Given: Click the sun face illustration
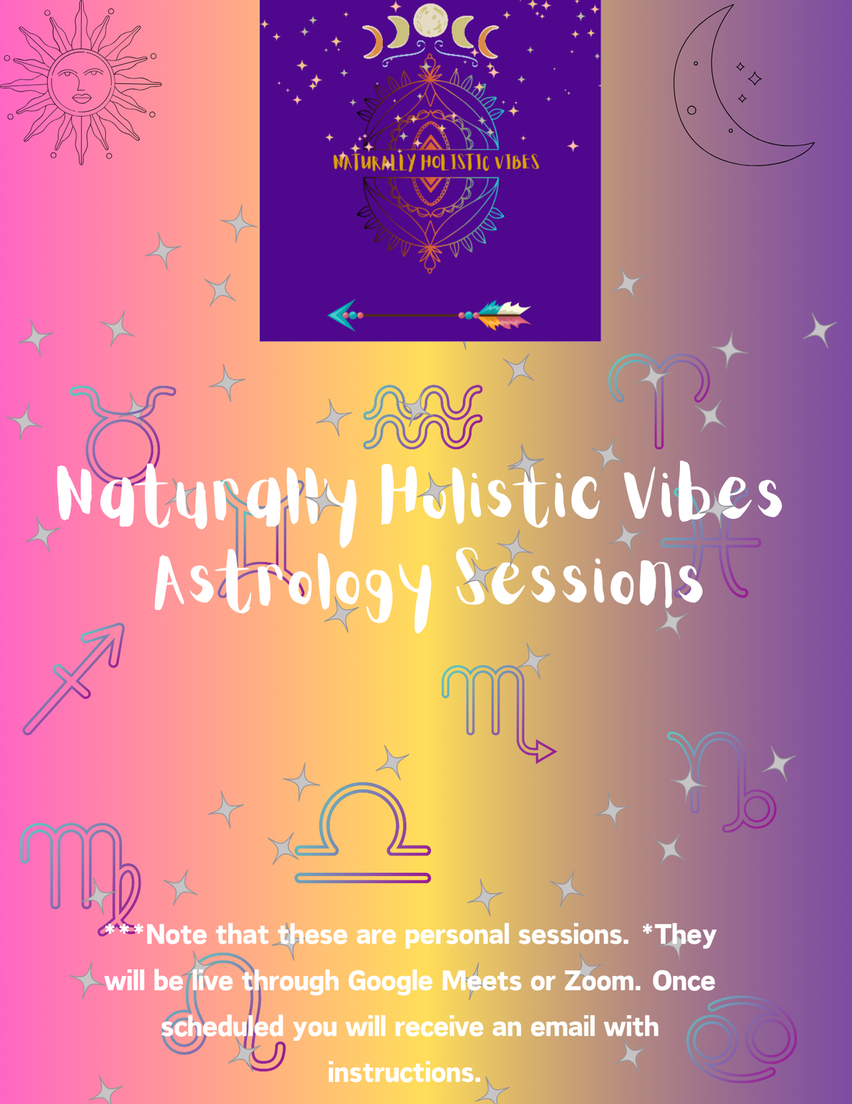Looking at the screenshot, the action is pyautogui.click(x=81, y=83).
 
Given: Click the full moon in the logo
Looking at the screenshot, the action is pyautogui.click(x=430, y=21).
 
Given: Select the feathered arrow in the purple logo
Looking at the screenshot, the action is pyautogui.click(x=430, y=315).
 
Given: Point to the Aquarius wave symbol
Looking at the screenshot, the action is pyautogui.click(x=422, y=417).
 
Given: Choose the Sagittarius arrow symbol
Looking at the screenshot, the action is pyautogui.click(x=74, y=679).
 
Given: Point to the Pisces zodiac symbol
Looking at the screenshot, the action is pyautogui.click(x=711, y=542).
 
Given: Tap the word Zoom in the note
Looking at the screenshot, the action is pyautogui.click(x=603, y=980).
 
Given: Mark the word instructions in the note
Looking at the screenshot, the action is pyautogui.click(x=404, y=1073).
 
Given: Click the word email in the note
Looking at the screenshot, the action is pyautogui.click(x=563, y=1027).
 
